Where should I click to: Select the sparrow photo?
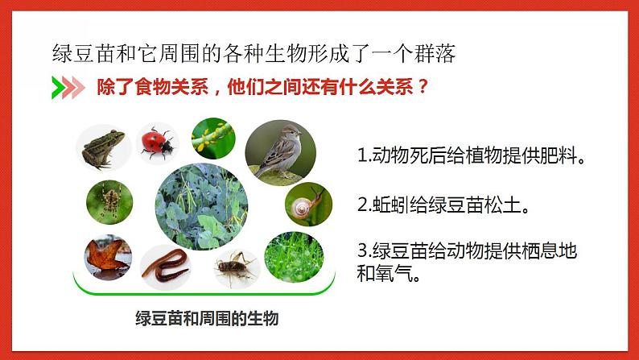point(278,149)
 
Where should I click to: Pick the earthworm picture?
point(167,263)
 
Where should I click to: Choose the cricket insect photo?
point(236,267)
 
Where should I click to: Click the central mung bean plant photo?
point(200,206)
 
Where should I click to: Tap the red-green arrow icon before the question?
point(68,87)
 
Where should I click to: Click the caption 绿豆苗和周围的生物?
point(208,318)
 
